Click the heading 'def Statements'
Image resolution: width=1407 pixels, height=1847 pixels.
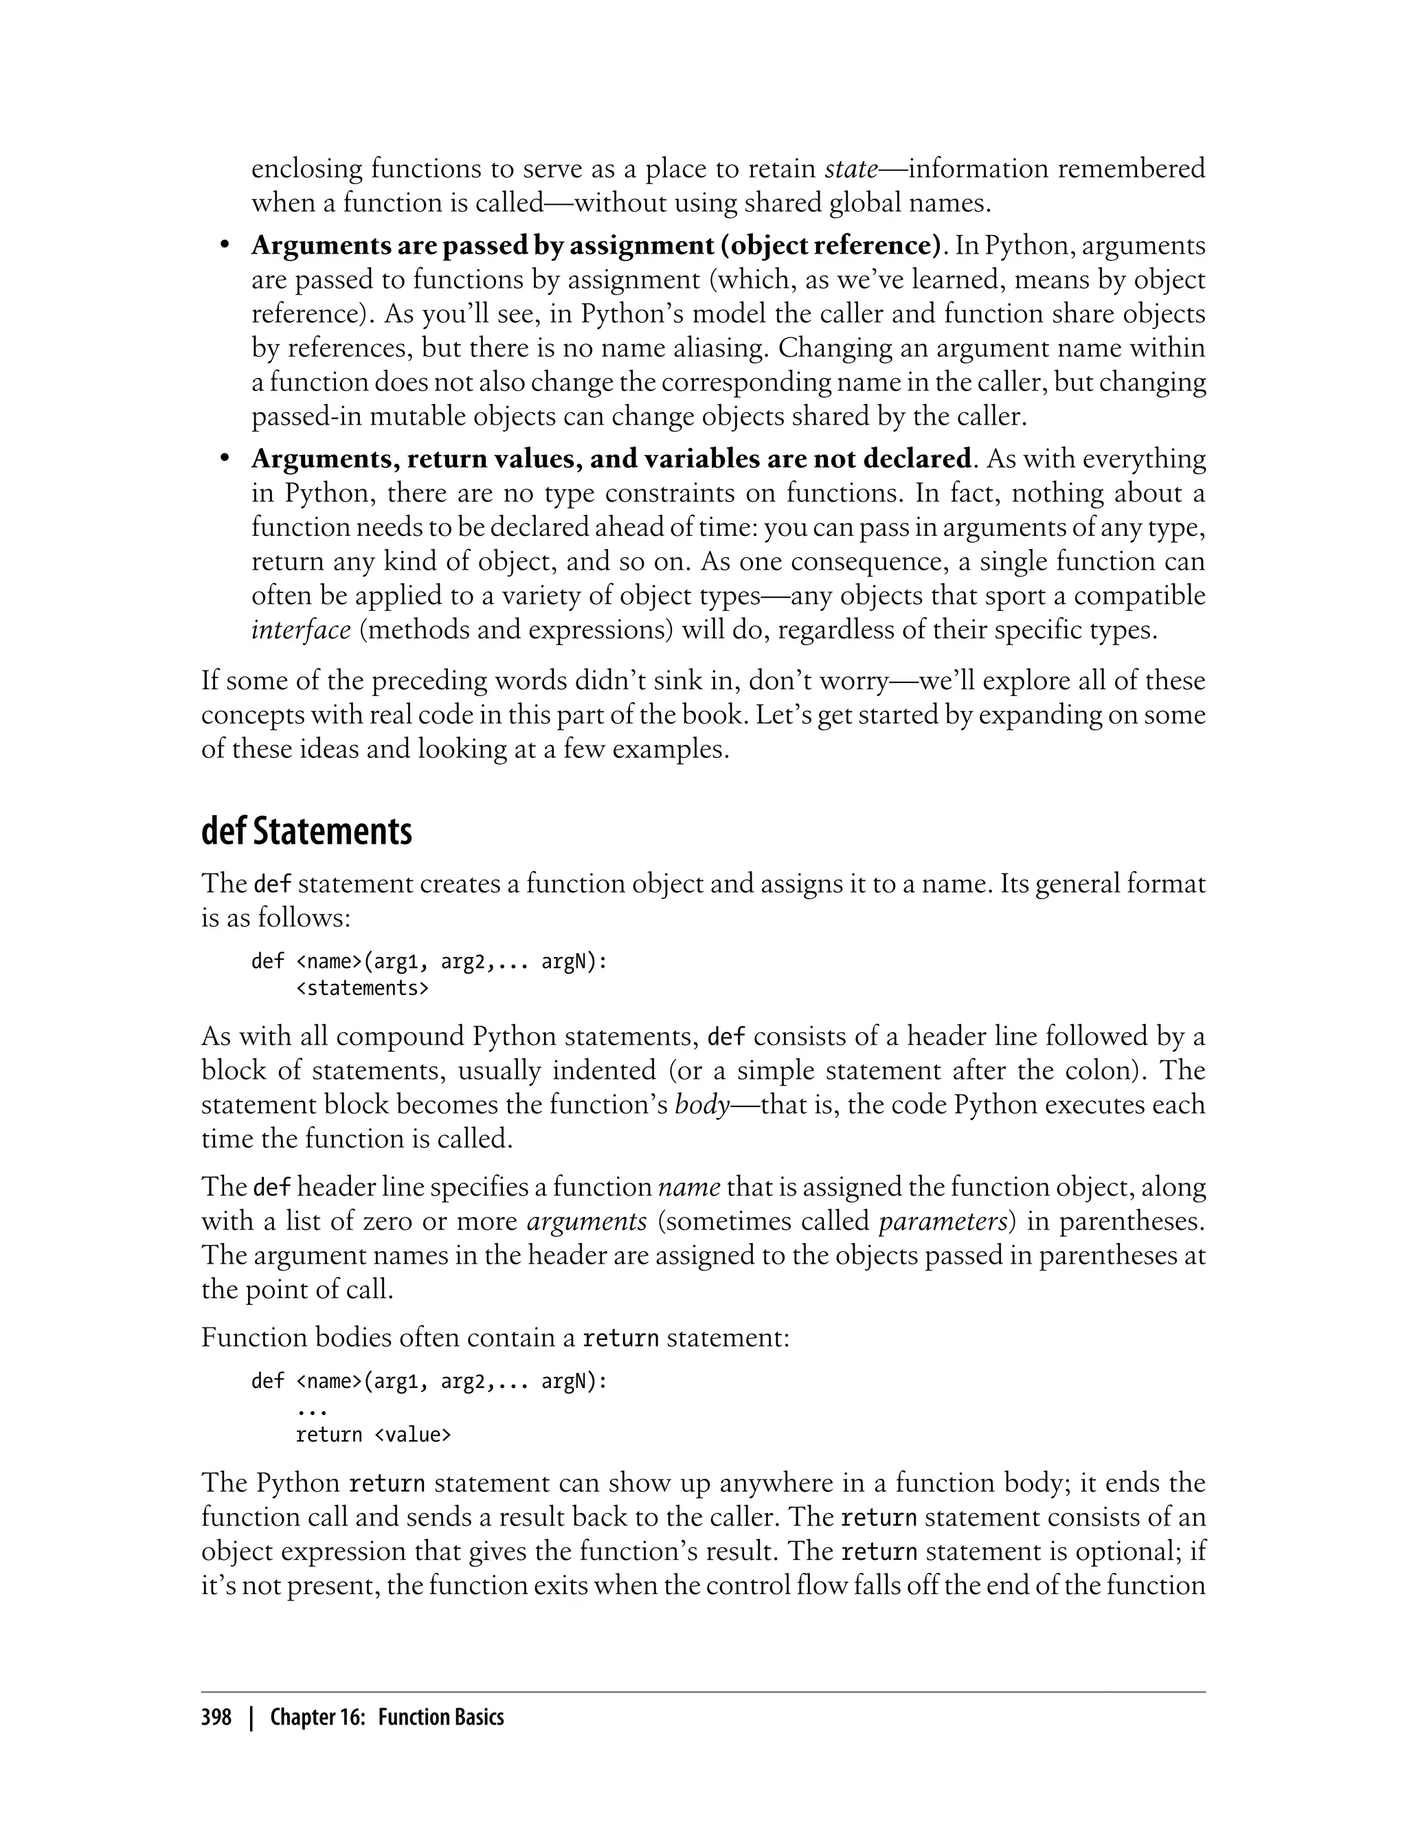(306, 833)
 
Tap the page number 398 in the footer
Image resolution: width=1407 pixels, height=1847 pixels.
(216, 1718)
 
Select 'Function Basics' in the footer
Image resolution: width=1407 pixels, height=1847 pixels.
(440, 1718)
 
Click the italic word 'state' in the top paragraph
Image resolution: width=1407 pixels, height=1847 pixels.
(851, 168)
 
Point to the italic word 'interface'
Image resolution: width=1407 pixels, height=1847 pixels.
(301, 629)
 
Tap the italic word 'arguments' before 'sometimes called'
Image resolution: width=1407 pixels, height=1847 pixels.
(586, 1221)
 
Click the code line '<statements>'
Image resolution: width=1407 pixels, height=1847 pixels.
(362, 988)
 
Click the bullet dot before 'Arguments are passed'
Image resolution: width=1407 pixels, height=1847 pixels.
(223, 245)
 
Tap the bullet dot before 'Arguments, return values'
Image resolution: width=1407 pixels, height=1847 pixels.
(223, 459)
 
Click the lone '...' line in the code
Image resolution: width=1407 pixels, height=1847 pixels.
(311, 1411)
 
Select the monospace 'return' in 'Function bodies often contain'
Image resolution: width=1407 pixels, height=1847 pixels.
(620, 1339)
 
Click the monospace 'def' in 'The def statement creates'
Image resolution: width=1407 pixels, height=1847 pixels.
(271, 884)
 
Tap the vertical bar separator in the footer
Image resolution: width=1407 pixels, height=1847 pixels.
(250, 1718)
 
